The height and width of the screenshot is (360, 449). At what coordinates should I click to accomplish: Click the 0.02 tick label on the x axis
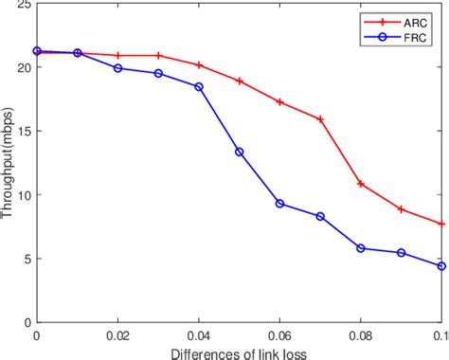point(117,335)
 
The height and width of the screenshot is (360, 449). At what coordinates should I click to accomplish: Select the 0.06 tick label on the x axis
point(279,335)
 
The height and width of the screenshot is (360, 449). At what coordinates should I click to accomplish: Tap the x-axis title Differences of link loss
point(238,352)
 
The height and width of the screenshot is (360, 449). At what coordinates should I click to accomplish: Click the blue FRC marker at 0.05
point(240,152)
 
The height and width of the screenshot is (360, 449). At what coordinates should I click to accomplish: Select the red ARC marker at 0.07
point(320,119)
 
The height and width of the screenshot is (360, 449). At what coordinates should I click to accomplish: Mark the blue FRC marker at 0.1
point(441,266)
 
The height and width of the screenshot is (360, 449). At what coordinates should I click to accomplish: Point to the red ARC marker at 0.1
point(441,224)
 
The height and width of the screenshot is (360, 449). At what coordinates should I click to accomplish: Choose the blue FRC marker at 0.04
point(199,87)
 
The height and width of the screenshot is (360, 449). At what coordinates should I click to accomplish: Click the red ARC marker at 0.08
point(361,184)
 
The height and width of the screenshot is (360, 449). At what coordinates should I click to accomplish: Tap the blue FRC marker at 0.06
point(279,204)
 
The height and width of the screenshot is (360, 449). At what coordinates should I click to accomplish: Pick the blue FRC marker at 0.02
point(117,68)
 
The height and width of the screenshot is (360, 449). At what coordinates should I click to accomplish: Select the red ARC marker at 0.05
point(240,81)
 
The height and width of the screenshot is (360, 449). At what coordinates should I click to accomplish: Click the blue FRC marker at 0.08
point(361,248)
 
